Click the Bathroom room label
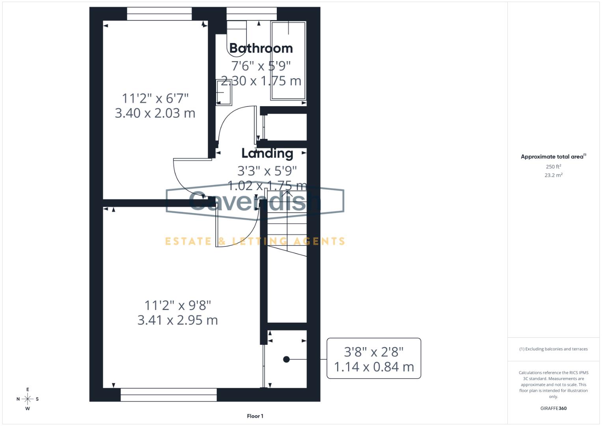pos(261,48)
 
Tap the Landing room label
pos(267,153)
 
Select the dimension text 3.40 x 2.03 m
pos(155,113)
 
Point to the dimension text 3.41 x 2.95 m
pos(177,320)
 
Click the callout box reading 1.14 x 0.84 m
pos(374,359)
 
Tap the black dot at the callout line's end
pos(287,359)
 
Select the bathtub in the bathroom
pos(288,61)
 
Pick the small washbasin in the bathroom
pos(224,93)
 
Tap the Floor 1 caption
pos(255,416)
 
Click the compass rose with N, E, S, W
pos(28,399)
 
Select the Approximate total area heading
pos(553,157)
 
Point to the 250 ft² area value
pos(553,167)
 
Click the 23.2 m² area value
pos(553,175)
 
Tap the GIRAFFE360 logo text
pos(553,408)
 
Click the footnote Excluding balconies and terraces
pos(553,349)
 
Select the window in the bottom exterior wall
pos(168,395)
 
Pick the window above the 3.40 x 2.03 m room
pos(159,14)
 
